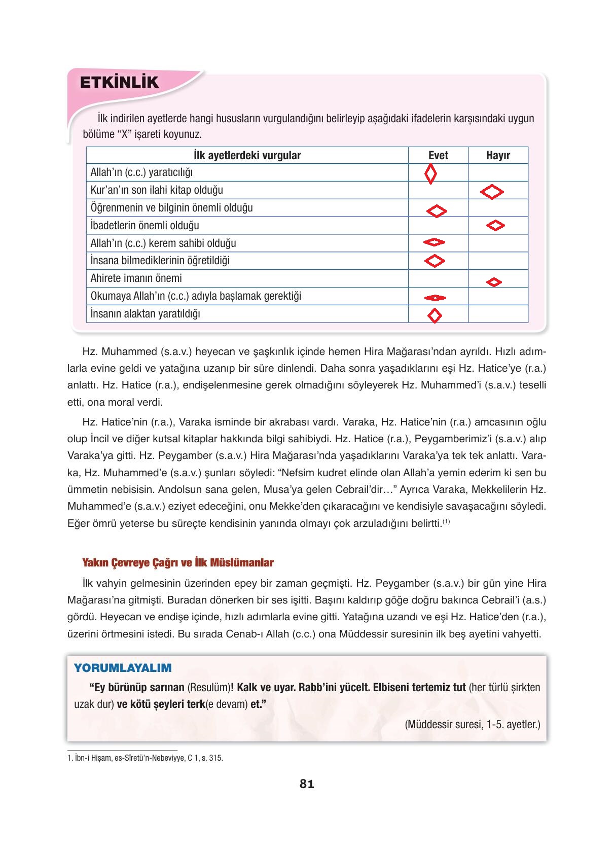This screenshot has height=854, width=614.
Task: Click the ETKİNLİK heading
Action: [119, 82]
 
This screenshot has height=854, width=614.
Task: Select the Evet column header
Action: [438, 155]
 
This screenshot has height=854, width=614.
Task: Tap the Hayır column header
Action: [498, 155]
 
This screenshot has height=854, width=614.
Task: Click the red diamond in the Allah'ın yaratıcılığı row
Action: [430, 174]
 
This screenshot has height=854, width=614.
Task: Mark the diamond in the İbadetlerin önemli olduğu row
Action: [495, 225]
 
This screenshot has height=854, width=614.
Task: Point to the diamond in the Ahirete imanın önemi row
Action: [494, 282]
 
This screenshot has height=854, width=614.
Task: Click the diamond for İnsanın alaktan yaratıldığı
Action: [435, 315]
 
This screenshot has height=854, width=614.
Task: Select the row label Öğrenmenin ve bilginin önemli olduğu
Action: [171, 207]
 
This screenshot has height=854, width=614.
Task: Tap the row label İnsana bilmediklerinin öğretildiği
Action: [160, 261]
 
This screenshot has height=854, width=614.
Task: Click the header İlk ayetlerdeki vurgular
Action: [247, 155]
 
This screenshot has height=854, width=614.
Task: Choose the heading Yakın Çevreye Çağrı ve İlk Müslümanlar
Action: [178, 562]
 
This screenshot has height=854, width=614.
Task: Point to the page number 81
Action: [307, 784]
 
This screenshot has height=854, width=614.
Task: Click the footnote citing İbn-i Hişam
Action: [145, 759]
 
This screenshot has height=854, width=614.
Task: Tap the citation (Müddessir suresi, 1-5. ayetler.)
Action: [473, 724]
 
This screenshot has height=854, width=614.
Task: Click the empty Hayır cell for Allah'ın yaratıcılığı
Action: [498, 172]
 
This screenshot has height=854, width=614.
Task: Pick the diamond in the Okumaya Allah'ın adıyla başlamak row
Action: [435, 298]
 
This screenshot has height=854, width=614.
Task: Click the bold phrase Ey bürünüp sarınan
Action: [136, 688]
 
